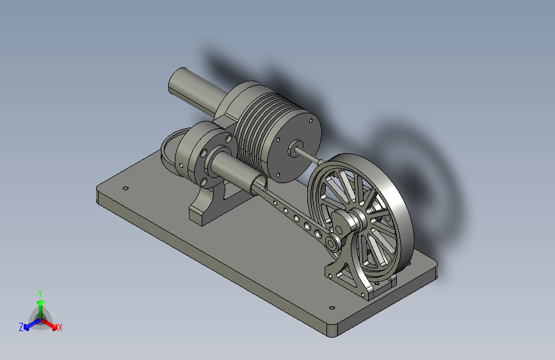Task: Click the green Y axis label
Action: click(40, 293)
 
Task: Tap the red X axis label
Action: click(60, 328)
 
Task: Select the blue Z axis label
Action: click(21, 327)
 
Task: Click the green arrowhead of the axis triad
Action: click(41, 302)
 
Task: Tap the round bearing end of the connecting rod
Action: click(332, 244)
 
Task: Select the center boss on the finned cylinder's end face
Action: click(294, 149)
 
